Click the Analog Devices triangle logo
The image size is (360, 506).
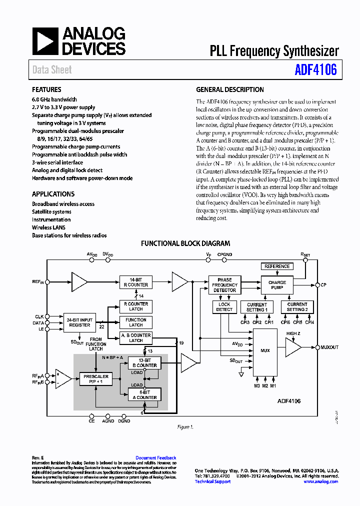click(x=45, y=41)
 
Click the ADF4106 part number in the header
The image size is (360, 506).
click(x=315, y=69)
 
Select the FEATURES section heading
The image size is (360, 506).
click(x=46, y=90)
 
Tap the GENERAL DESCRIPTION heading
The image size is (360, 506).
click(x=229, y=90)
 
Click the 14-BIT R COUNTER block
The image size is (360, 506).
click(x=135, y=282)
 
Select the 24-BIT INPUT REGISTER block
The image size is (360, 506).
click(x=79, y=322)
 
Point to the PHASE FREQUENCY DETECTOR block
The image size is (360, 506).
click(x=224, y=285)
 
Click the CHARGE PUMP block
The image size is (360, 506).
click(x=277, y=285)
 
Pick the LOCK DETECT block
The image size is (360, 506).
click(x=224, y=306)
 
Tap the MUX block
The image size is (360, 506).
click(x=265, y=350)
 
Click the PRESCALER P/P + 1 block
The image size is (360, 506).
click(x=96, y=379)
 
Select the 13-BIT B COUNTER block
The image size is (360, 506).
click(x=144, y=363)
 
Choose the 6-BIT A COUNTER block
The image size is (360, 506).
click(x=144, y=395)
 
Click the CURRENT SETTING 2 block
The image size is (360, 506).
click(x=297, y=306)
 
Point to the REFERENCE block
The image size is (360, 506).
click(x=277, y=266)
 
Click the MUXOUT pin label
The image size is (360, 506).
click(x=329, y=347)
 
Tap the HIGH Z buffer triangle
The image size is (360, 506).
click(x=292, y=347)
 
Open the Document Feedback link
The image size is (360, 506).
click(x=155, y=458)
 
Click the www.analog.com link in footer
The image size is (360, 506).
click(x=320, y=481)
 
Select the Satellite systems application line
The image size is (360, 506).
click(x=51, y=212)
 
